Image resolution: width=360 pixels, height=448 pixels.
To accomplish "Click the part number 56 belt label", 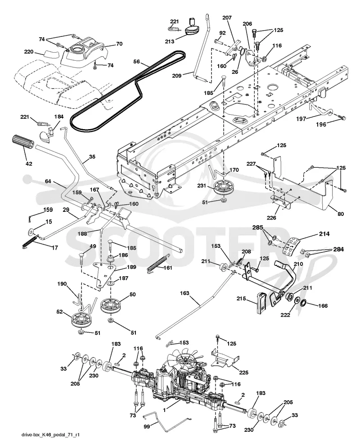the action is click(x=137, y=62).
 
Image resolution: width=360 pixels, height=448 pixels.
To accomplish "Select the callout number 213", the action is click(x=170, y=41).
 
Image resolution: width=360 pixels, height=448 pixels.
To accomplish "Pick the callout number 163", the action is click(x=184, y=293).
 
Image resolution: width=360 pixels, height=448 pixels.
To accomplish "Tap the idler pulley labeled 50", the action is click(x=110, y=306).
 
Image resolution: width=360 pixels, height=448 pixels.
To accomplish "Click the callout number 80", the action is click(x=341, y=214).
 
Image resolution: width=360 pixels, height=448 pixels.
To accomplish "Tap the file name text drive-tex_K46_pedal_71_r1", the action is click(x=50, y=435).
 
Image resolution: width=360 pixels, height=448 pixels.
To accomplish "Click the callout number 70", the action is click(x=119, y=44).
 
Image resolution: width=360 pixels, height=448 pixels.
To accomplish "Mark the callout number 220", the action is click(x=29, y=52).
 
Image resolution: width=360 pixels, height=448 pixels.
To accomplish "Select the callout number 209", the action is click(x=177, y=76).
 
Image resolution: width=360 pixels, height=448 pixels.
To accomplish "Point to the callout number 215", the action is click(x=241, y=299).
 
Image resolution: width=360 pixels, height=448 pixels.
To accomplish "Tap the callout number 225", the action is click(x=243, y=372).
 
